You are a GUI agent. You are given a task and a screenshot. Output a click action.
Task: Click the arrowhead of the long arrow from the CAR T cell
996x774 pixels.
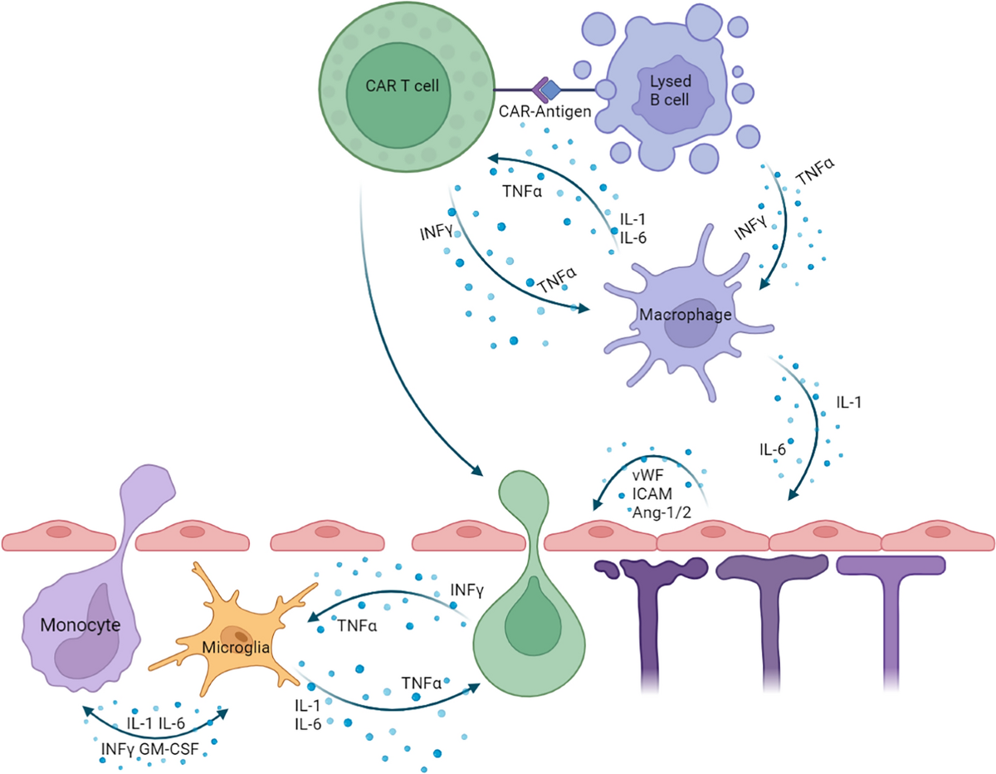pyautogui.click(x=481, y=473)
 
